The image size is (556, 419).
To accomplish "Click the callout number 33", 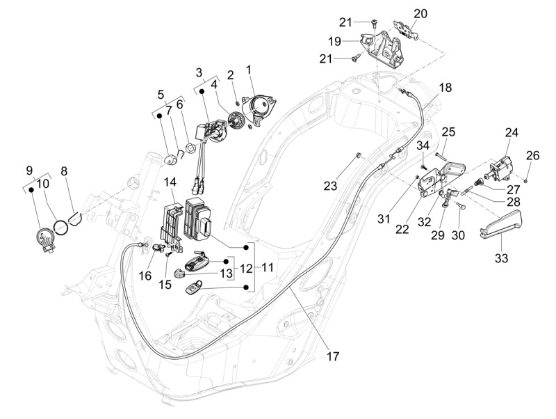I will click(501, 258).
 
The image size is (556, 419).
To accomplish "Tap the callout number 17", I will click(333, 356).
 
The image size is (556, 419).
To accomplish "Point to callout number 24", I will click(512, 132).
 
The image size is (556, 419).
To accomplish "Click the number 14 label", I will click(170, 182).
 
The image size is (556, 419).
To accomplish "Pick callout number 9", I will click(29, 170).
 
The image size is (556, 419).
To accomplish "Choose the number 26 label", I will click(532, 155).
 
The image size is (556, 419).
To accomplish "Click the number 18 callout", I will click(445, 88).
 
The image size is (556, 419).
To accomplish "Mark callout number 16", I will click(145, 276).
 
